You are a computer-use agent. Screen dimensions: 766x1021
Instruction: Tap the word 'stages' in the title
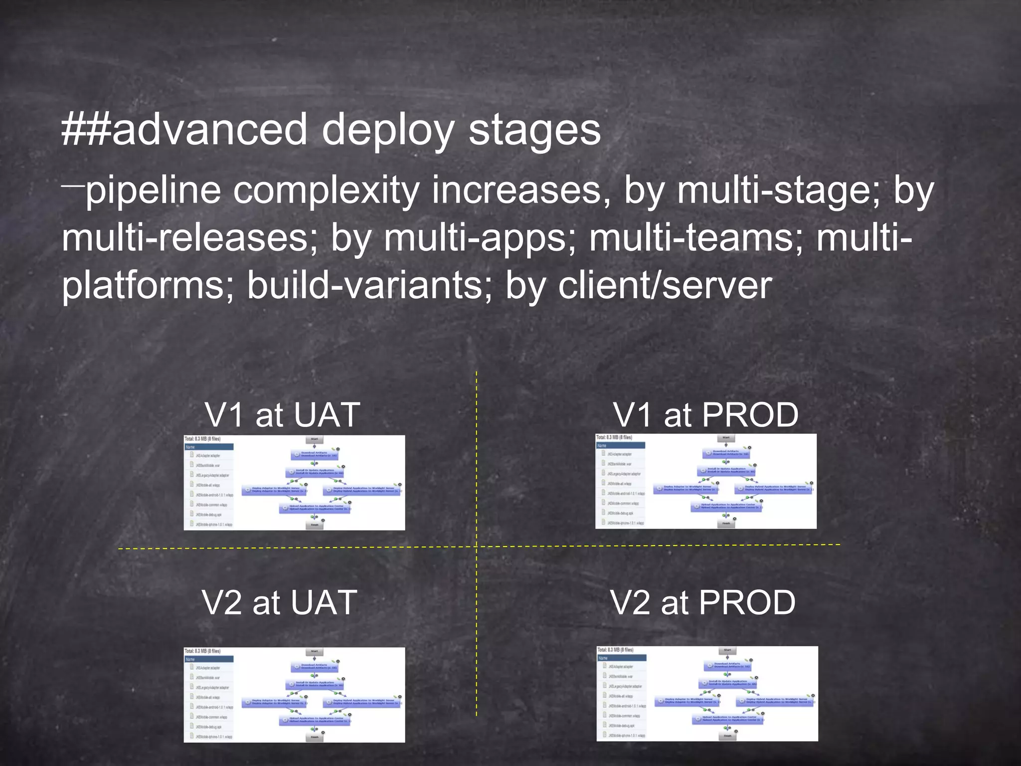534,131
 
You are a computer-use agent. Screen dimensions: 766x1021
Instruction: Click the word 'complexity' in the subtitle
327,191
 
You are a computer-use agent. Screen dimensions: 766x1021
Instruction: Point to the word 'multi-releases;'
189,238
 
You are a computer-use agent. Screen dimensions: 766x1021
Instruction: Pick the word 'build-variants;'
369,286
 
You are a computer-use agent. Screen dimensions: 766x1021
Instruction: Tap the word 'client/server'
665,286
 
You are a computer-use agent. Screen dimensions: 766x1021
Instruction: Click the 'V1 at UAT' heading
282,415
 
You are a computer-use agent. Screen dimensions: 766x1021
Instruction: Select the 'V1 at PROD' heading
705,415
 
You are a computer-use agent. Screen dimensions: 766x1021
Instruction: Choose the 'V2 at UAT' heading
280,602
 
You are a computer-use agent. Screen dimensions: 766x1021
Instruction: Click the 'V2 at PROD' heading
703,602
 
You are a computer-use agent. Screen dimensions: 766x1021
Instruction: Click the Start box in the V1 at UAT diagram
315,439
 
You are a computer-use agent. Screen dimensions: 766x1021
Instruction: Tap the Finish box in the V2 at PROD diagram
727,736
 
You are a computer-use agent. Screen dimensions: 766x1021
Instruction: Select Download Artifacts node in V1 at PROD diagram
726,453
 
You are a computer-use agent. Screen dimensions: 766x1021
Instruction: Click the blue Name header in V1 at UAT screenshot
209,447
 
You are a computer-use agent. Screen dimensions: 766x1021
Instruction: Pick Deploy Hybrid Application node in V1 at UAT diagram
363,490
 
